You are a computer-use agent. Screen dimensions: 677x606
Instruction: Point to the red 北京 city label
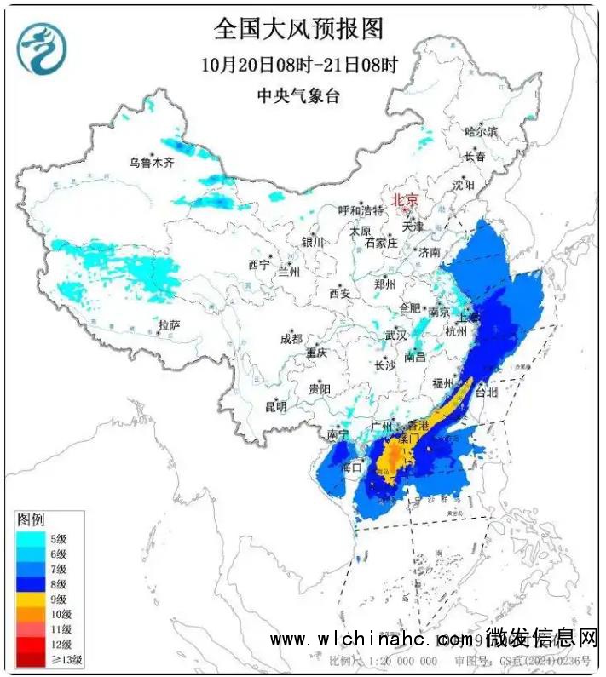tap(405, 200)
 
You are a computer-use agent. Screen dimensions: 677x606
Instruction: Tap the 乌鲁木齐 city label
tap(151, 163)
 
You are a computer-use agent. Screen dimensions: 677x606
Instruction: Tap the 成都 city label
tap(291, 338)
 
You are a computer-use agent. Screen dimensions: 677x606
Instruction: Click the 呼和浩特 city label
tap(361, 210)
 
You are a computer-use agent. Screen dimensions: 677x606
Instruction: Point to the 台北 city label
tap(485, 393)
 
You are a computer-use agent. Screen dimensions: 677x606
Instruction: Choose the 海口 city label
tap(351, 467)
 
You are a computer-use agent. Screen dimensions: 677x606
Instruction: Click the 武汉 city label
tap(396, 336)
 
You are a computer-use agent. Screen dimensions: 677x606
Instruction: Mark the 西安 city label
tap(339, 293)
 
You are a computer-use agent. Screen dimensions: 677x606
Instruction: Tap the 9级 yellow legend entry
tap(49, 599)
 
